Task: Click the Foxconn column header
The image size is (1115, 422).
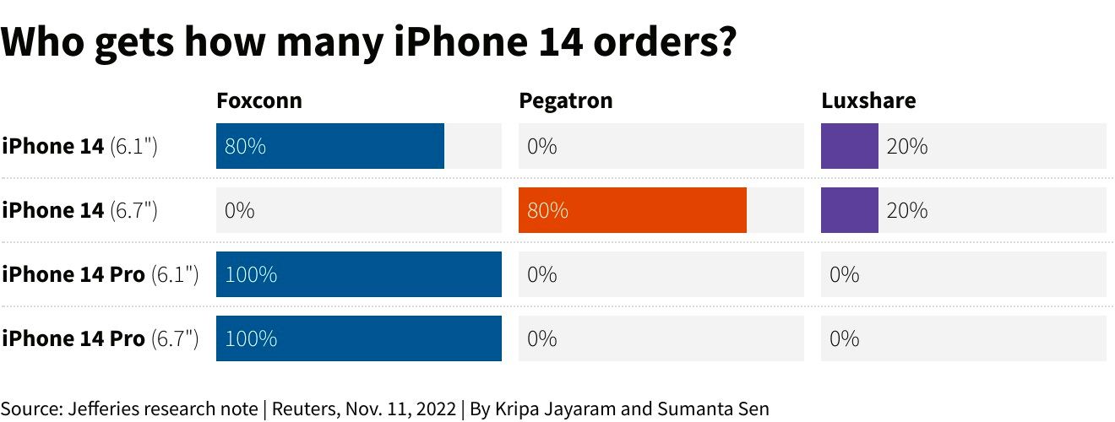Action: click(x=258, y=101)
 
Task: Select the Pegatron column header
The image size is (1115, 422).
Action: click(x=565, y=101)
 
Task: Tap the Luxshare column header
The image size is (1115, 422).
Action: click(x=868, y=101)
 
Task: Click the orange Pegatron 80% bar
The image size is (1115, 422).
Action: click(x=633, y=210)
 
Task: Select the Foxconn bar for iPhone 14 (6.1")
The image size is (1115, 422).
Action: click(x=330, y=146)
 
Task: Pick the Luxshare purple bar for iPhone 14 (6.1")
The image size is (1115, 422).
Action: click(x=850, y=146)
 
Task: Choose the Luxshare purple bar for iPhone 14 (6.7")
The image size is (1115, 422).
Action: click(x=850, y=210)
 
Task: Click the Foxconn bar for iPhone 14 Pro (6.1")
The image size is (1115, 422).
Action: click(x=359, y=274)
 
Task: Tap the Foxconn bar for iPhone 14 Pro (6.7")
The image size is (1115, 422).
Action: click(x=359, y=338)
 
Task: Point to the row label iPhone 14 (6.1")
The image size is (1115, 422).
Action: click(x=79, y=146)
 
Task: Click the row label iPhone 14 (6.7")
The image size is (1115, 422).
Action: click(x=79, y=210)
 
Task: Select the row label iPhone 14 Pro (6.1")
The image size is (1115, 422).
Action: click(x=100, y=274)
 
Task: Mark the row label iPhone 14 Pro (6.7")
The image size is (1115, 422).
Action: click(x=100, y=338)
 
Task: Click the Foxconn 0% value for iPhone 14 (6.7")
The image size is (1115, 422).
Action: click(x=240, y=210)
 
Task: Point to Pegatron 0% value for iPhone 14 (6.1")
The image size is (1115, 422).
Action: click(x=542, y=146)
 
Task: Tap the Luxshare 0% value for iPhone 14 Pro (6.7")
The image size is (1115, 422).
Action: click(x=845, y=338)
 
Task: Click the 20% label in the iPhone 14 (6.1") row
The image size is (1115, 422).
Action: click(x=907, y=146)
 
